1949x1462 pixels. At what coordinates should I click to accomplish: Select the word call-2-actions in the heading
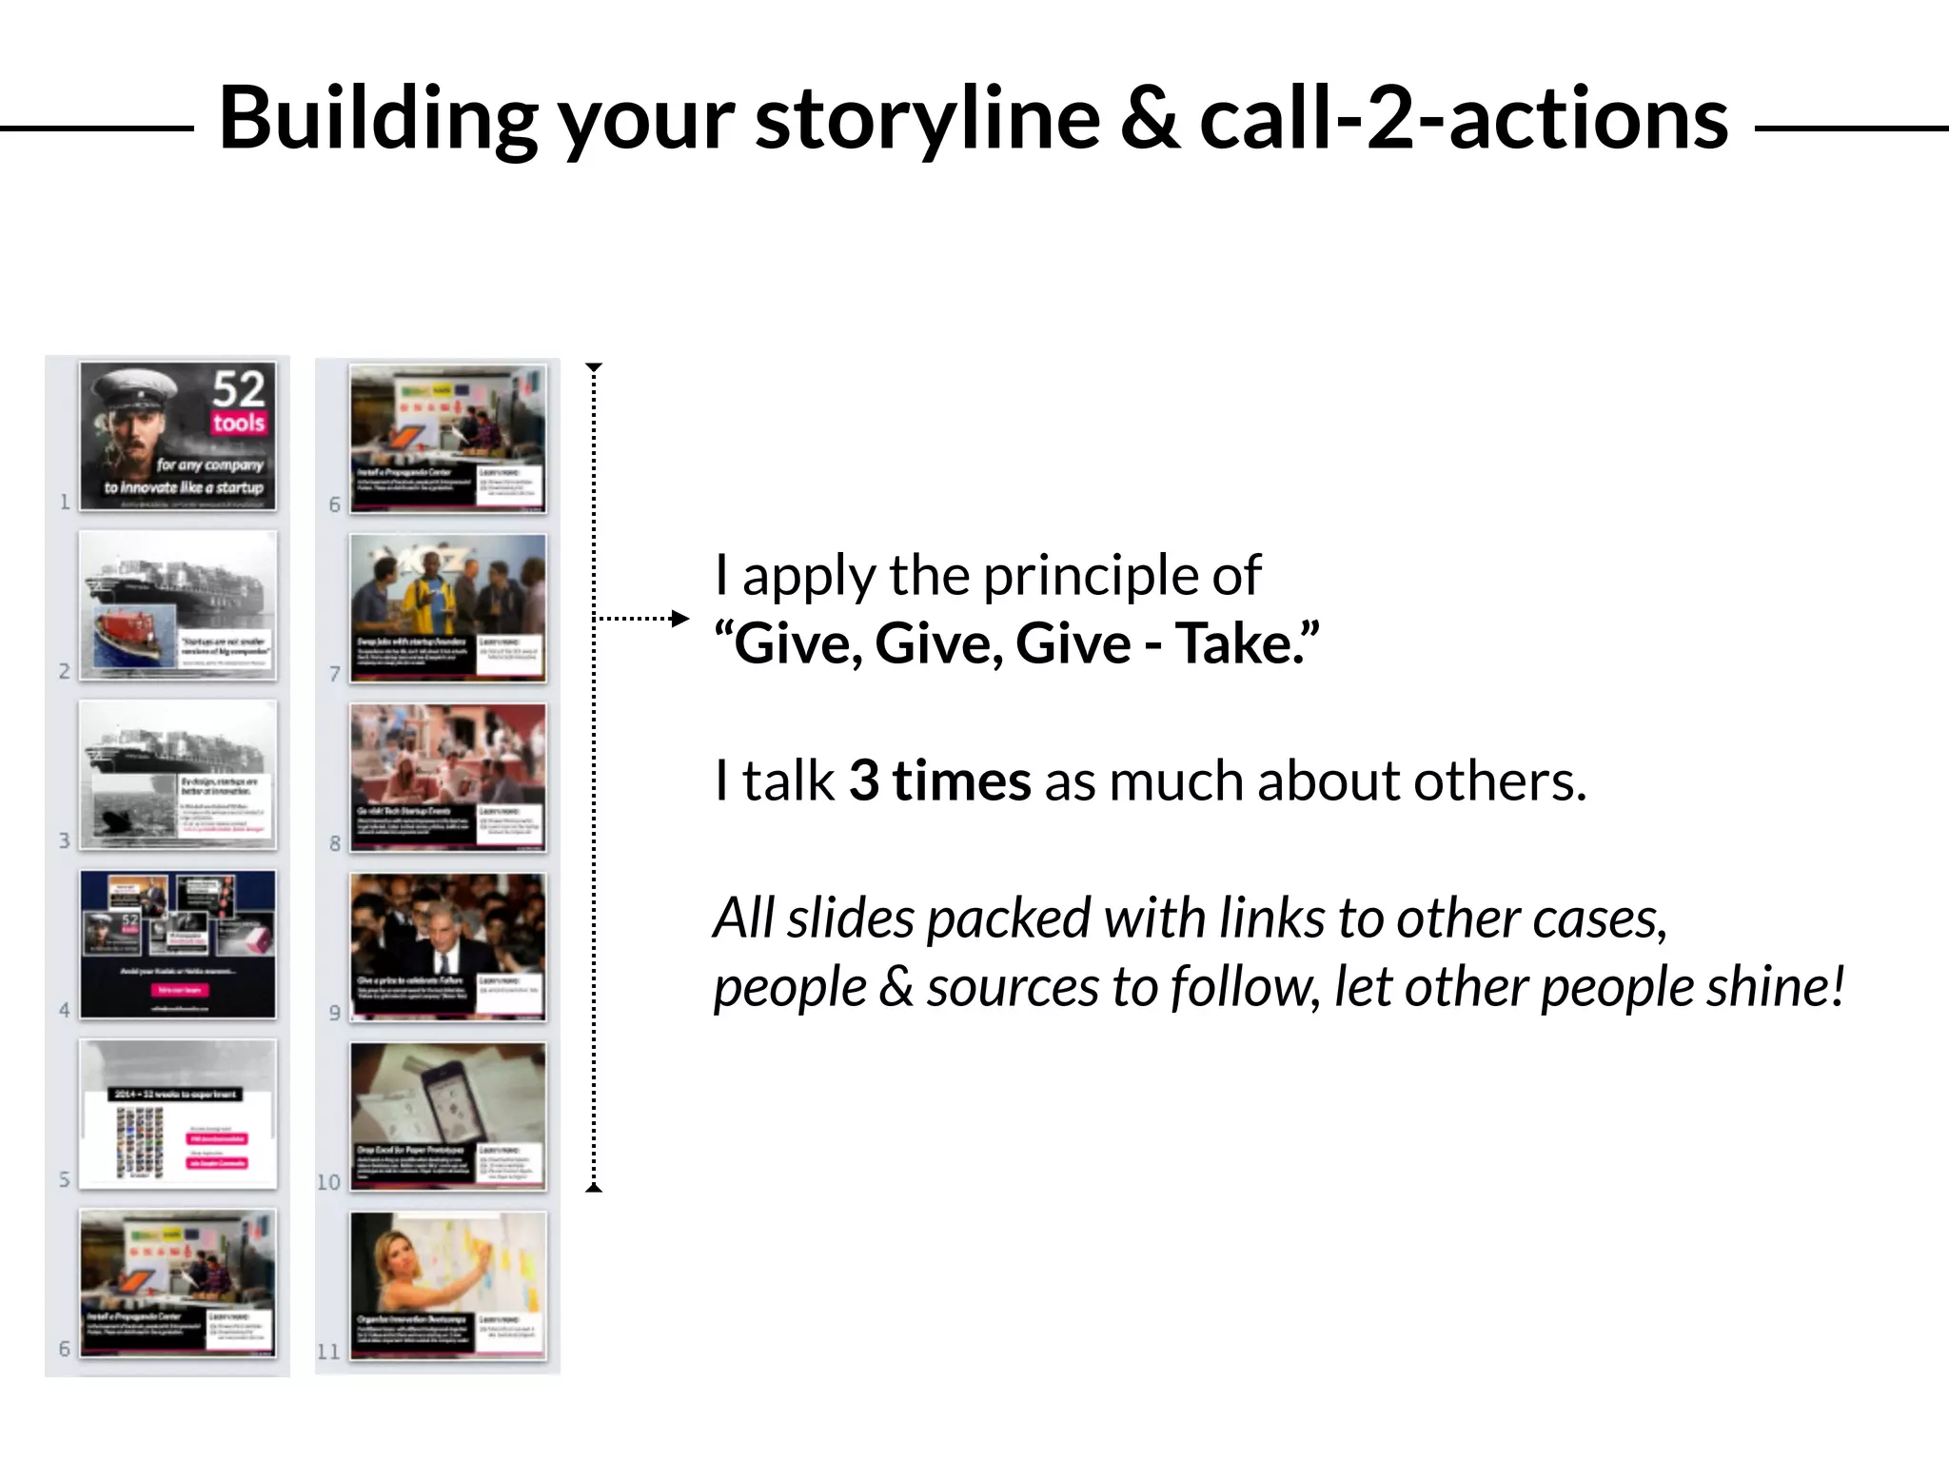1464,121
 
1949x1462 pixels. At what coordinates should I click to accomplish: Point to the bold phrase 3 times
939,781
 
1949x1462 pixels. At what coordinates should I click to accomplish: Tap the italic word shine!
1775,987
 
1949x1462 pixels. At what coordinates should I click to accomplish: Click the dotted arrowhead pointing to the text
679,619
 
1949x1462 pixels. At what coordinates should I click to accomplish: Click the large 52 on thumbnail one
238,388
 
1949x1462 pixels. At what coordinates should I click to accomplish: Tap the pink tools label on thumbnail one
238,423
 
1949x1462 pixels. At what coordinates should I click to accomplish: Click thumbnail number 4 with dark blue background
178,944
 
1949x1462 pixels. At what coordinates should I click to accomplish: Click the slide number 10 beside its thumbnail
328,1182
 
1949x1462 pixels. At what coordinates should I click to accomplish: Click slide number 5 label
65,1180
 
